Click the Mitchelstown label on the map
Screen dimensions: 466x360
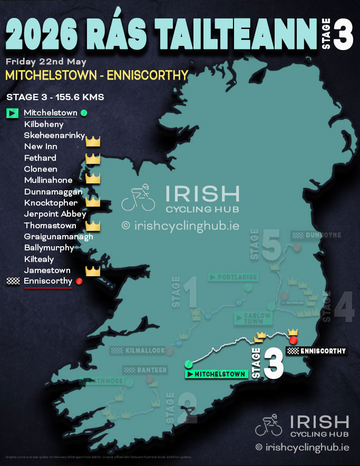tap(217, 374)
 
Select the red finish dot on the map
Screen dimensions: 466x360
tap(294, 341)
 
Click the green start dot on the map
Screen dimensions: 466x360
tap(188, 364)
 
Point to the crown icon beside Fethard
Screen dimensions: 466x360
tap(93, 158)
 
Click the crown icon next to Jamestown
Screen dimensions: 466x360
tap(93, 271)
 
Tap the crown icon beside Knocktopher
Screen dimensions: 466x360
tap(93, 203)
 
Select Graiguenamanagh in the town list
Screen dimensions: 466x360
tap(59, 237)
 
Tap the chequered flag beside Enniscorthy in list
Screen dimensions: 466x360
tap(13, 281)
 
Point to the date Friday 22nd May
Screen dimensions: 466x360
tap(46, 61)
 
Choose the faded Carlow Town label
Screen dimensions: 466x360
tap(254, 318)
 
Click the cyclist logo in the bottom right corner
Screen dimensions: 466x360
tap(269, 426)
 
